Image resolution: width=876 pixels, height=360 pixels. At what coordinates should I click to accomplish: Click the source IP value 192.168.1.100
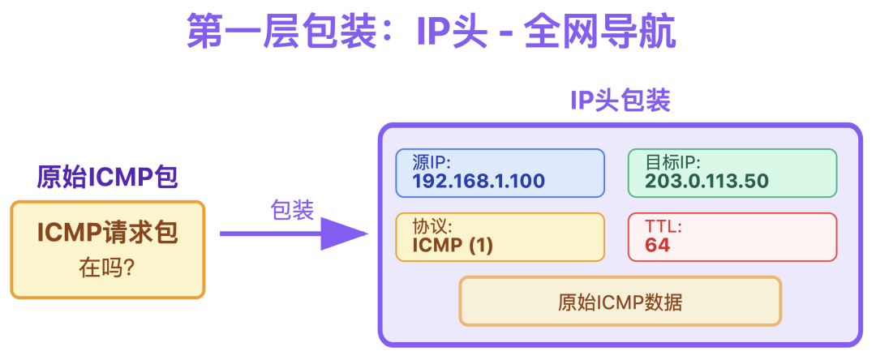[x=479, y=181]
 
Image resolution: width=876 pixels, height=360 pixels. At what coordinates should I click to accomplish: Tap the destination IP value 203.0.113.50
[x=706, y=181]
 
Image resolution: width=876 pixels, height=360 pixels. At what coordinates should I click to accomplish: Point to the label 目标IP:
[x=673, y=162]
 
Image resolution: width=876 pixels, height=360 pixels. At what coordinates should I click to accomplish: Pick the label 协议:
[x=432, y=226]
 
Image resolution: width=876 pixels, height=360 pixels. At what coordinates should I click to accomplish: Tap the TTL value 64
[x=658, y=245]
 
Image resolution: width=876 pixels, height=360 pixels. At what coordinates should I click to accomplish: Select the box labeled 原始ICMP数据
[x=620, y=302]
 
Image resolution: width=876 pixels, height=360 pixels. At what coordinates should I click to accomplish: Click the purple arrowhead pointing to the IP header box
[x=344, y=234]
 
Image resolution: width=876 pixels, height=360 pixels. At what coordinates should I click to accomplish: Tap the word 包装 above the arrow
[x=292, y=210]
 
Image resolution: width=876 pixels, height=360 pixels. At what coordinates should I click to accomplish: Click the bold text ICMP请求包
[x=107, y=234]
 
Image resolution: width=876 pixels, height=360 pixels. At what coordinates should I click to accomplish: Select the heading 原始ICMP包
[x=107, y=177]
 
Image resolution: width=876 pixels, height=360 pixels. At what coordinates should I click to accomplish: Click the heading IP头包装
[x=620, y=101]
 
